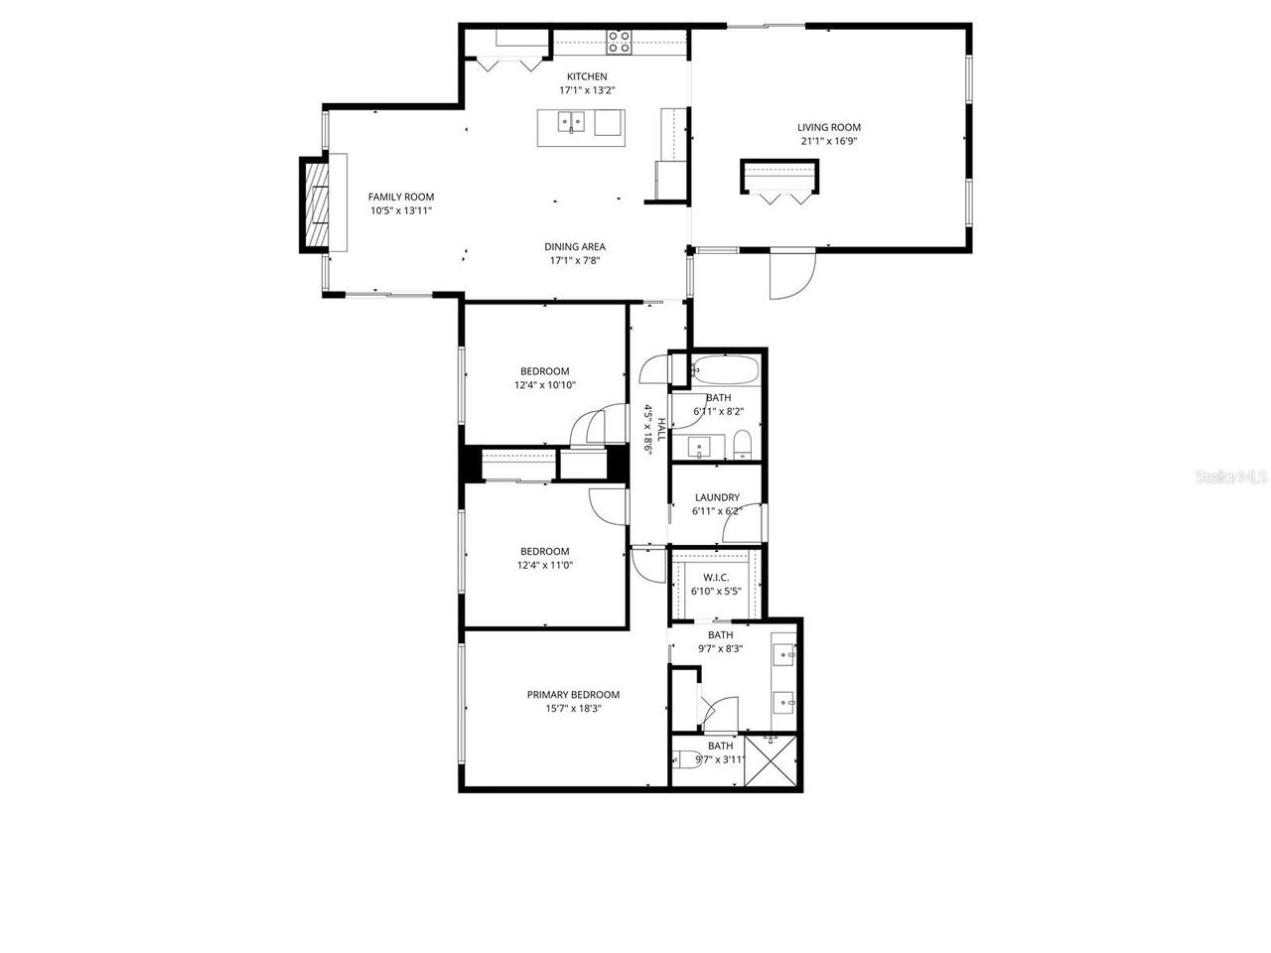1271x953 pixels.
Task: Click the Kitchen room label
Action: pos(586,76)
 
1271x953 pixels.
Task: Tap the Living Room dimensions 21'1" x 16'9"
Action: pos(828,141)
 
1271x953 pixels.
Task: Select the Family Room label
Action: pos(400,197)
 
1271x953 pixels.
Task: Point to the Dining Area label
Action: pos(574,247)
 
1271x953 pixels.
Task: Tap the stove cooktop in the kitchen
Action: pos(619,42)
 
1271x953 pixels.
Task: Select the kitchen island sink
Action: pos(570,124)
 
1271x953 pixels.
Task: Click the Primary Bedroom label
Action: pos(573,695)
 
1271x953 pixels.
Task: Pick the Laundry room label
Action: pos(716,497)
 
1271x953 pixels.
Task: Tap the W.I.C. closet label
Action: pos(716,578)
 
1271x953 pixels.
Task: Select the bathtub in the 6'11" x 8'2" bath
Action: pos(725,371)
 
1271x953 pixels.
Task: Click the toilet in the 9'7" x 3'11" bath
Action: pos(686,761)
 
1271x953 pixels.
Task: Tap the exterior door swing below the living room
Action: pos(791,274)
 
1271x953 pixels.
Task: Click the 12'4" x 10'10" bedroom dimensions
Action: pos(544,385)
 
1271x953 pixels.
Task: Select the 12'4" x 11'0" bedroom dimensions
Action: pos(544,565)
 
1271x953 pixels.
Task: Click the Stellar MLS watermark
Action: pos(1231,476)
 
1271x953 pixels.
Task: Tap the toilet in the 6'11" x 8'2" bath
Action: pos(743,444)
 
